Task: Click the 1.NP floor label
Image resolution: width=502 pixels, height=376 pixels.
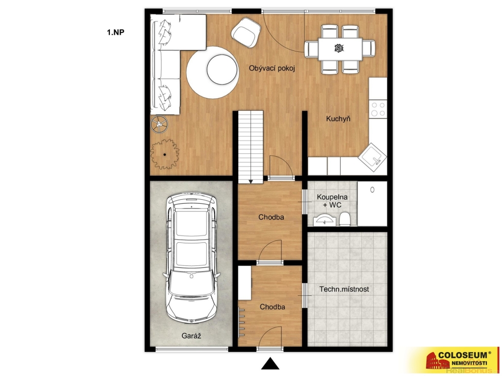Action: pyautogui.click(x=116, y=32)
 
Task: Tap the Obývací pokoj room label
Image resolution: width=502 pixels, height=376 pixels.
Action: pyautogui.click(x=272, y=69)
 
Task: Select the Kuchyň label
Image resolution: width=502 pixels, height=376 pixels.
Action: pyautogui.click(x=338, y=118)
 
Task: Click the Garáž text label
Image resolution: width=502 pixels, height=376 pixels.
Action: pyautogui.click(x=191, y=335)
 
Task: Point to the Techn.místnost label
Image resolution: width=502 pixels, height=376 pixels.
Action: pyautogui.click(x=344, y=289)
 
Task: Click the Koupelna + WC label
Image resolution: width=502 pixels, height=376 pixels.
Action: pyautogui.click(x=332, y=201)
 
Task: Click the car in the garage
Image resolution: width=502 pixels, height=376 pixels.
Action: pyautogui.click(x=192, y=258)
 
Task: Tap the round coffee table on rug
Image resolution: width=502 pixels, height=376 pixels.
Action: pyautogui.click(x=222, y=70)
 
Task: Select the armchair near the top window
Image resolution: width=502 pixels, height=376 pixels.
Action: pyautogui.click(x=246, y=32)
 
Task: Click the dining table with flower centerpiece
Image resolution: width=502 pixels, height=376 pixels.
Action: pyautogui.click(x=340, y=48)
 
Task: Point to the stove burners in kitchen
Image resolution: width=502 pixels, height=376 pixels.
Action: pyautogui.click(x=378, y=109)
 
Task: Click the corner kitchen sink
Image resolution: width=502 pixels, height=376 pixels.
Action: pyautogui.click(x=372, y=158)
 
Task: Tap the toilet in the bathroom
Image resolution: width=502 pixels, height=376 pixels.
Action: pyautogui.click(x=345, y=219)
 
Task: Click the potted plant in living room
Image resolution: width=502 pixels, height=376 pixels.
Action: pyautogui.click(x=165, y=154)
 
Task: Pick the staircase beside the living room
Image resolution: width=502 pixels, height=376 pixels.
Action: pyautogui.click(x=251, y=147)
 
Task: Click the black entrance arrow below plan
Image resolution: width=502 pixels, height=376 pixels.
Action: pyautogui.click(x=271, y=364)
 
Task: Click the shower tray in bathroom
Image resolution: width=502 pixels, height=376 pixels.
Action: pyautogui.click(x=372, y=204)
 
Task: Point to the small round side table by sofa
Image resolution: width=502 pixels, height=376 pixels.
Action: pyautogui.click(x=159, y=124)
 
